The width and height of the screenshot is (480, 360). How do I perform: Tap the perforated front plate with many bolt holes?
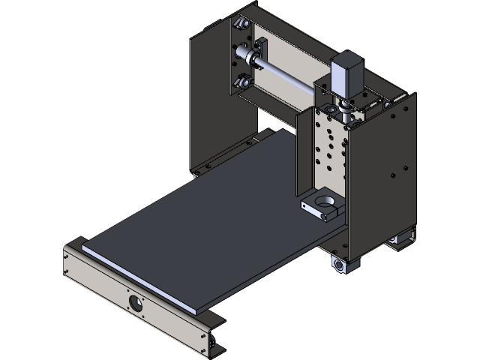330,150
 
